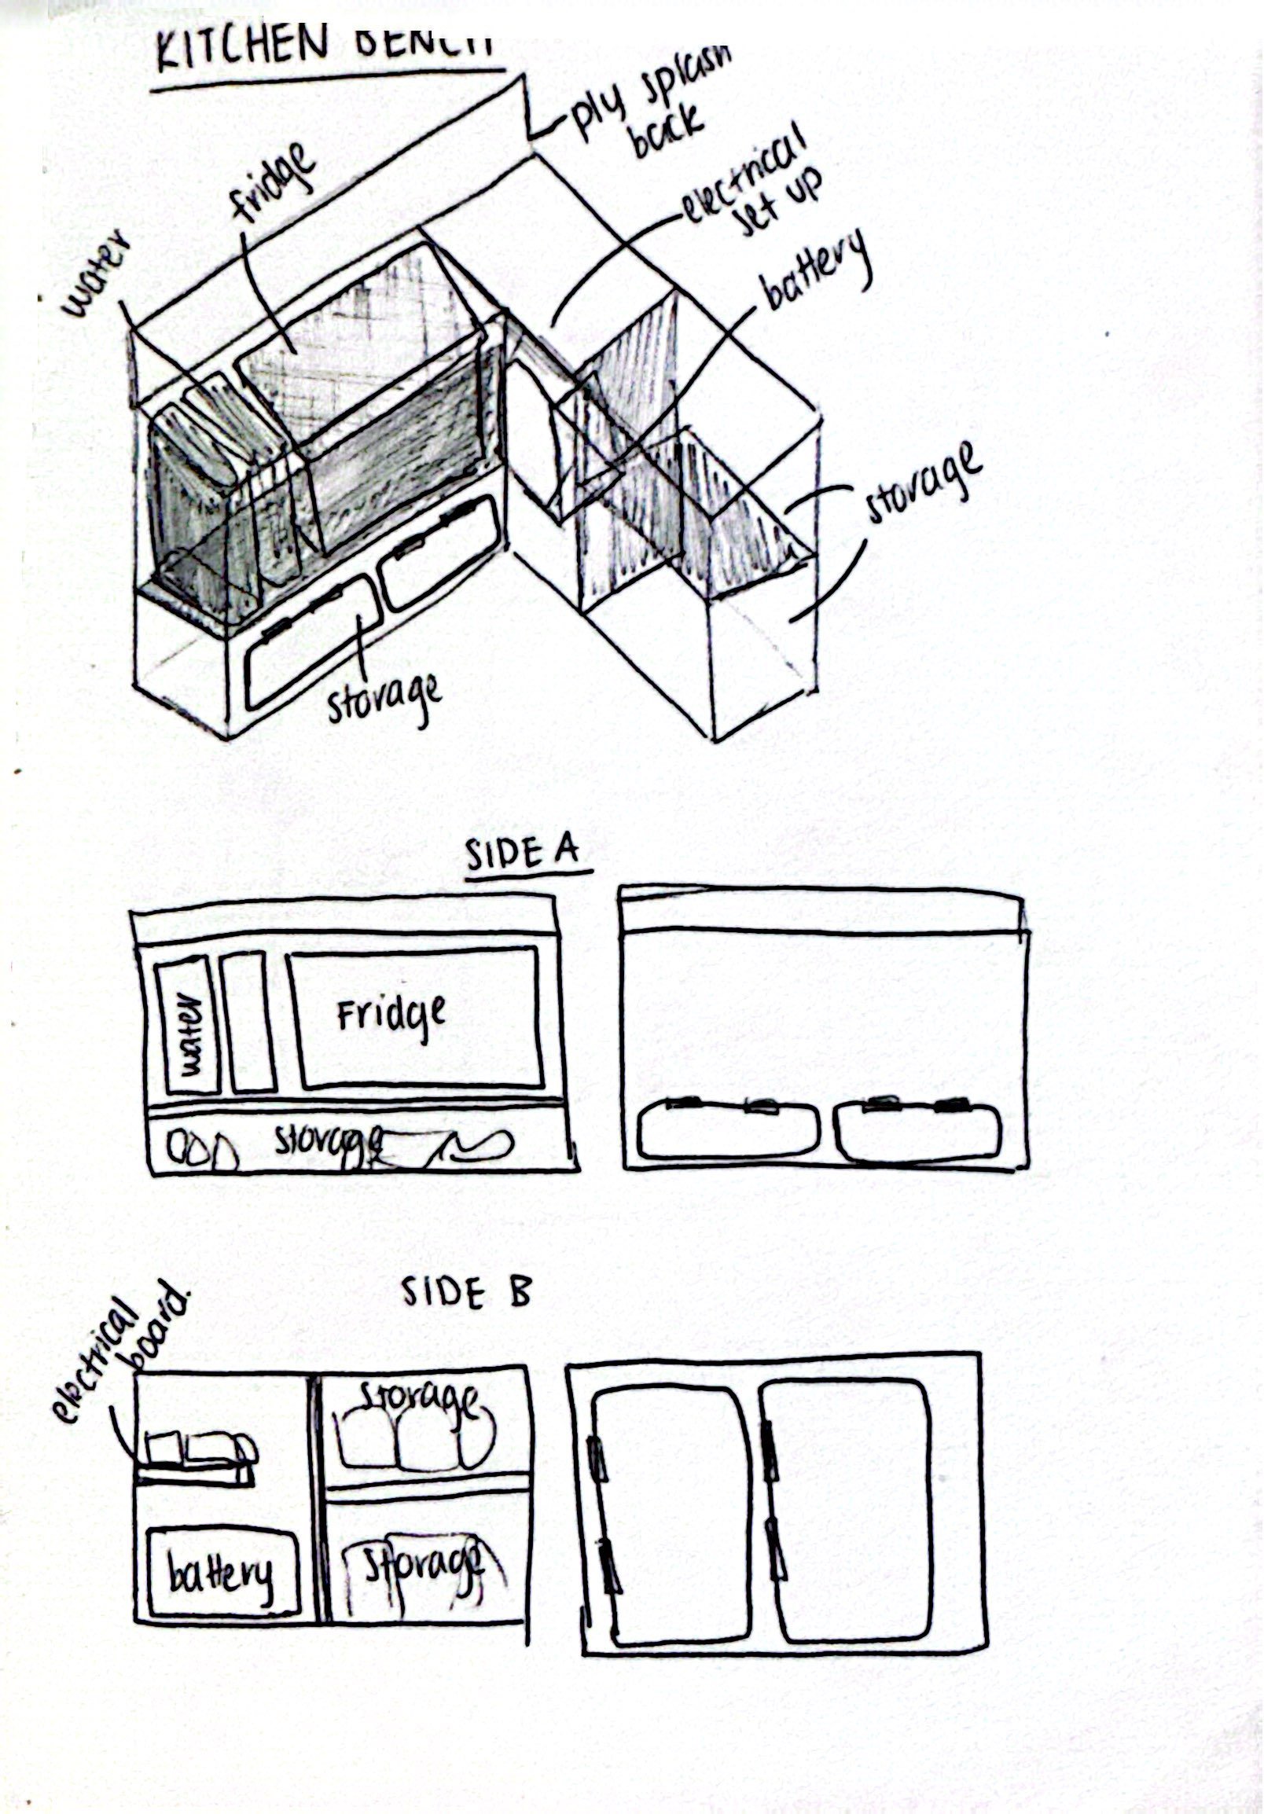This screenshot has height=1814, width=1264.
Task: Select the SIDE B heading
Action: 466,1294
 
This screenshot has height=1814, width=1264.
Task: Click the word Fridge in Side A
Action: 391,1014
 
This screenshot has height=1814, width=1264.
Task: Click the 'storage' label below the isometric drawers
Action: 383,696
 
